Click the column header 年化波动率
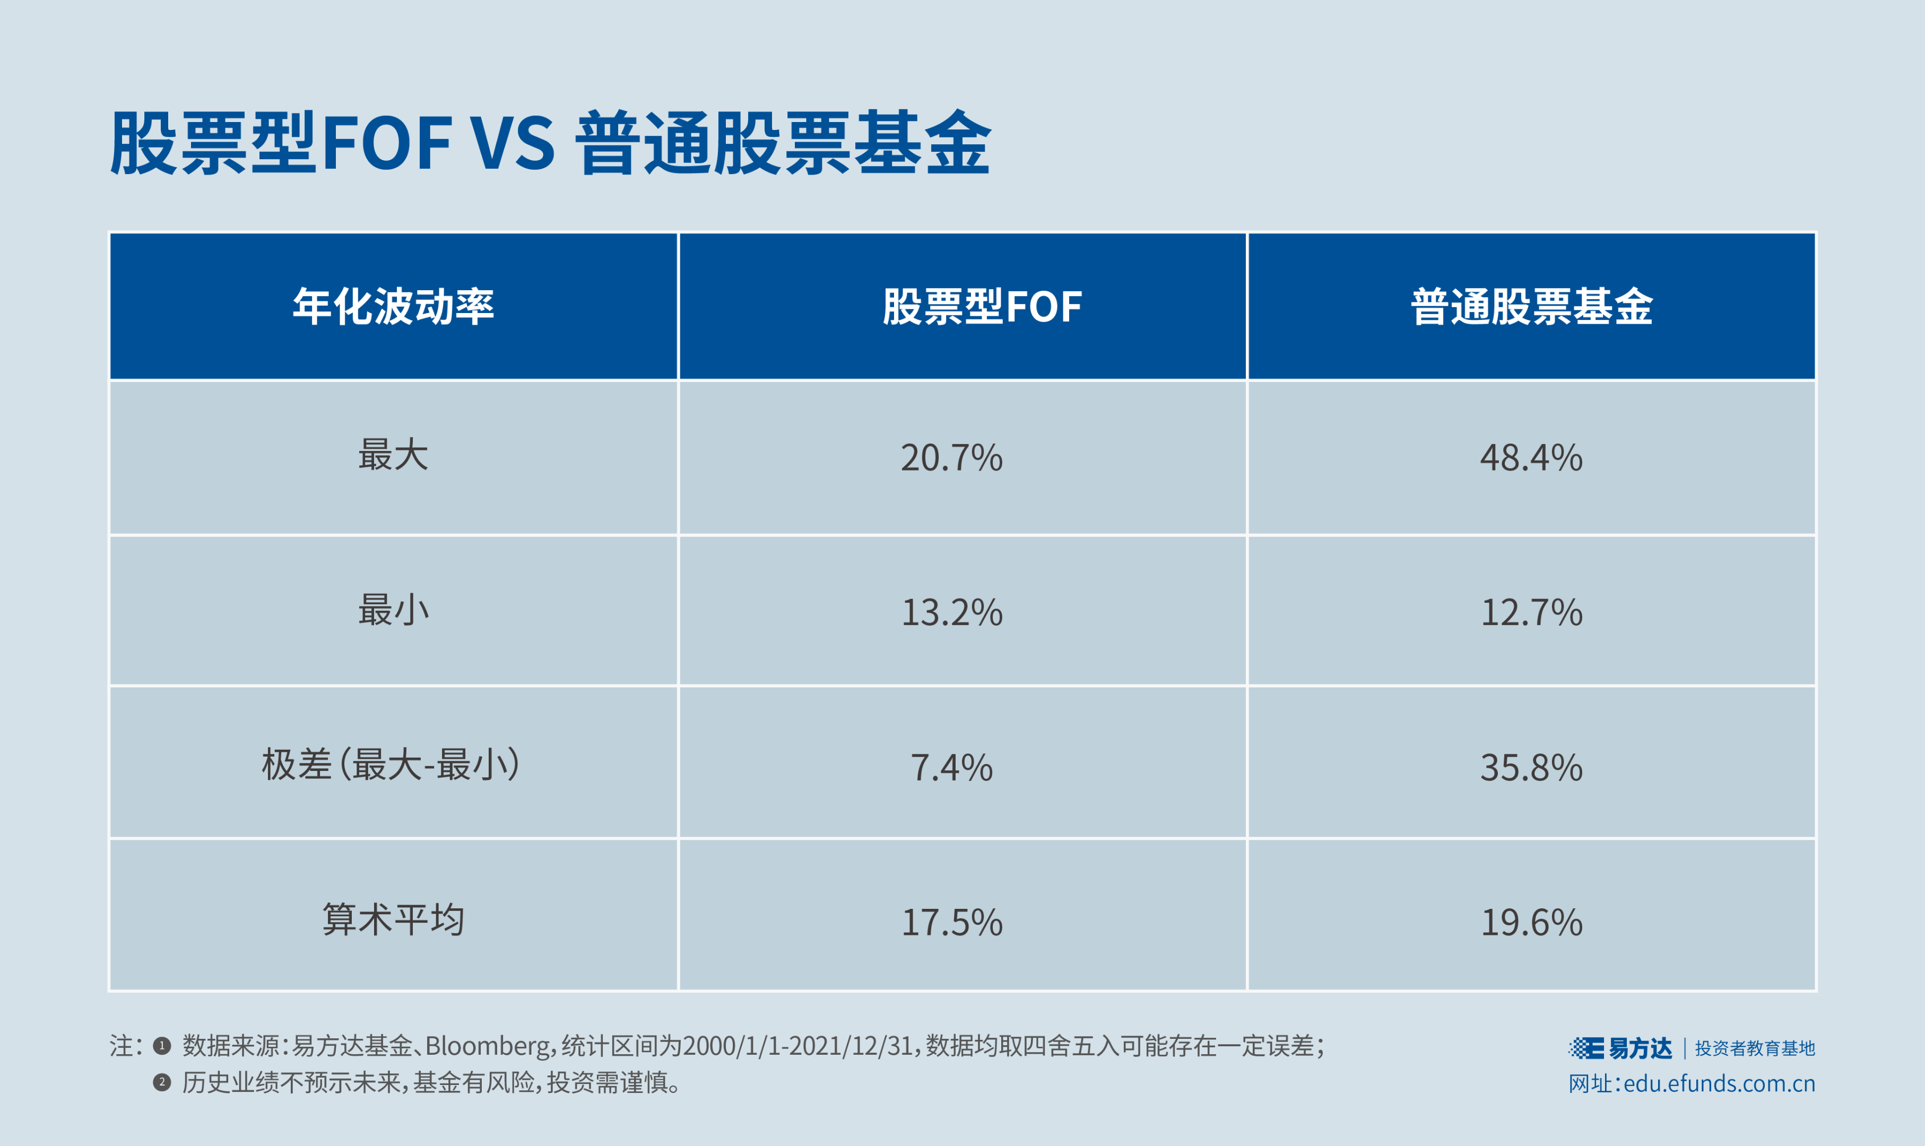[393, 307]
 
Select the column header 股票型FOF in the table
[982, 307]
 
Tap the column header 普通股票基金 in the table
[1531, 307]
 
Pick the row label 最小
[393, 610]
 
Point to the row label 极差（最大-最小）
[392, 765]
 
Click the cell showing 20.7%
[951, 458]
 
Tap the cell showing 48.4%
[1531, 458]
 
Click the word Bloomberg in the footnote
[487, 1046]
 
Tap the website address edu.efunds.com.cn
[1719, 1083]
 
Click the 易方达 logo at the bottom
[1620, 1048]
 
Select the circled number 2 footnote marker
[161, 1082]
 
